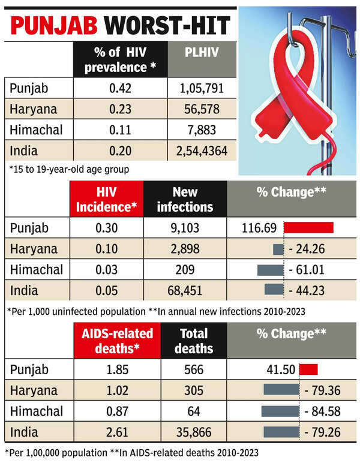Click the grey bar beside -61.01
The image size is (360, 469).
point(269,269)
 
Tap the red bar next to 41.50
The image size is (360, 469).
point(308,369)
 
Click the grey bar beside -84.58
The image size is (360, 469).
point(280,411)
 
